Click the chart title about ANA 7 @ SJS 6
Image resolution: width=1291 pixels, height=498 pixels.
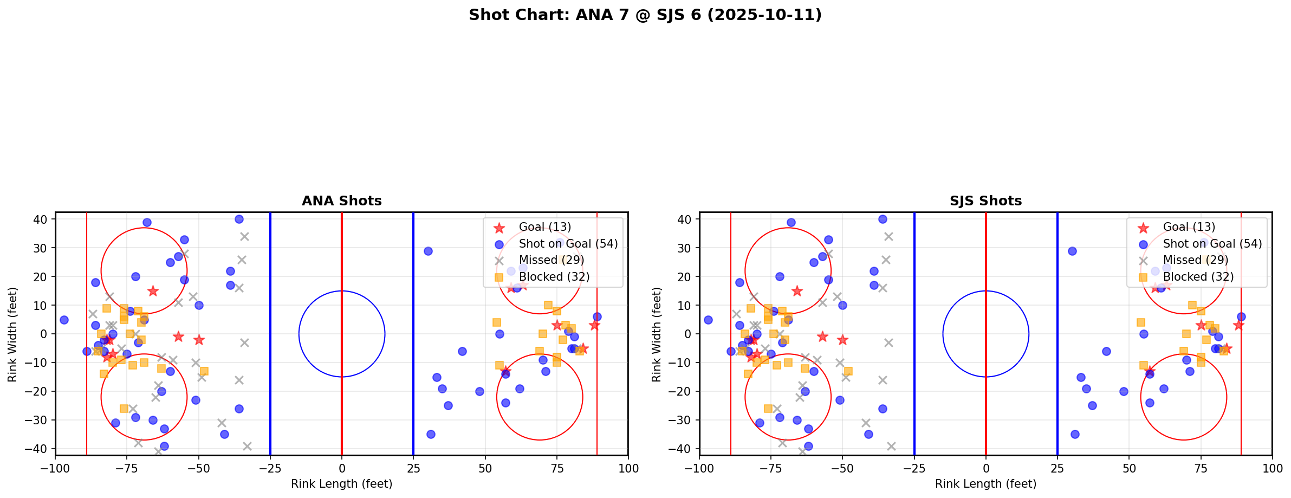(x=645, y=15)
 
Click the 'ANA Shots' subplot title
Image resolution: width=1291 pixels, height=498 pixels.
(x=341, y=201)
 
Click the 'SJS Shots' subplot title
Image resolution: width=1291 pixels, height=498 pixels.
(x=985, y=201)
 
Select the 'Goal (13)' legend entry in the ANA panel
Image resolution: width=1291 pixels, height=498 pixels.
(x=544, y=227)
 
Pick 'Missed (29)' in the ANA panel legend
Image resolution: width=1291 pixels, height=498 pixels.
(x=551, y=260)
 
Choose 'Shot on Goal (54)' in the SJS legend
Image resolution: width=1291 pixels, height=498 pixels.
(x=1212, y=244)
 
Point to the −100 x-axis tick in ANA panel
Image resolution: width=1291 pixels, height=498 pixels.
(x=55, y=468)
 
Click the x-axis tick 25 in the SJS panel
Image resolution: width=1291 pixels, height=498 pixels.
(x=1058, y=468)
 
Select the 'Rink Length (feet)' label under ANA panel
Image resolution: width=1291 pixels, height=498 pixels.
(x=341, y=484)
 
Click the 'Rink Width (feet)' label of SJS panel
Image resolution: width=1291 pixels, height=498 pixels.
(x=657, y=334)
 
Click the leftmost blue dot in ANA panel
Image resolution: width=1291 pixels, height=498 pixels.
(x=64, y=320)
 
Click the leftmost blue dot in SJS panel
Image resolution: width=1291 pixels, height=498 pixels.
(x=708, y=320)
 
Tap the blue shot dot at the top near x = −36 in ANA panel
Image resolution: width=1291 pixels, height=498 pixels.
(x=239, y=219)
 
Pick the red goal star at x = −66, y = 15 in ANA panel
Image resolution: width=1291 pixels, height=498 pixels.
(x=153, y=291)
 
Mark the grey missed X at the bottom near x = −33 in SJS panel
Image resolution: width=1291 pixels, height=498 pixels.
(x=891, y=446)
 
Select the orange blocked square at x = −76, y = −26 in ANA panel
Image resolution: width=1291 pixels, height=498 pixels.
(x=124, y=409)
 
